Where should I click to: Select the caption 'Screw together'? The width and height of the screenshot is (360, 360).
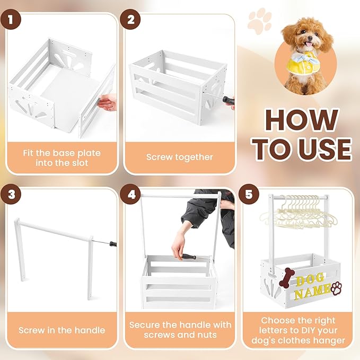pos(179,157)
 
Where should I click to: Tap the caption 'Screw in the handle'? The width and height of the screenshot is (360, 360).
pos(62,330)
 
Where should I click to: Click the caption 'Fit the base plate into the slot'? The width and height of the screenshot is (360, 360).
pos(62,157)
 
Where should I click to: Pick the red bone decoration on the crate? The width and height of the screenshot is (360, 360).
pos(286,277)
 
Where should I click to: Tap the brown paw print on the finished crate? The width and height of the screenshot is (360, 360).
pos(337,288)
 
